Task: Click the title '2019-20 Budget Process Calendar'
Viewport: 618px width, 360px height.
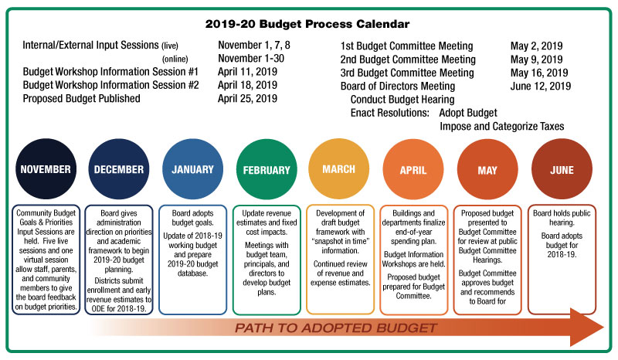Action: tap(307, 24)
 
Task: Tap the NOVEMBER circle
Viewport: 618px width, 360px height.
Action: tap(46, 168)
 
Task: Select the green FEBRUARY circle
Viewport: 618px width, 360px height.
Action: tap(267, 169)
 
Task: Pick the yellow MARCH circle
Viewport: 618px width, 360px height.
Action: tap(339, 168)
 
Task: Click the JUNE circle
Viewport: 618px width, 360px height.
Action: tap(562, 169)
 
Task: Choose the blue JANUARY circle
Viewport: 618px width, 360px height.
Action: tap(192, 168)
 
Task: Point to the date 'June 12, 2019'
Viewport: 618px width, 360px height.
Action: tap(540, 86)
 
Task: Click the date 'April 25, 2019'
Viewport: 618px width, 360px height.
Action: tap(247, 99)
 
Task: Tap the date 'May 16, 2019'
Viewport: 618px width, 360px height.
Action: tap(539, 73)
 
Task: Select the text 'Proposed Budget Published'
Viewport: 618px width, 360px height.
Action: tap(82, 99)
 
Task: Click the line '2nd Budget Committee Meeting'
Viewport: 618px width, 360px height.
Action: tap(408, 59)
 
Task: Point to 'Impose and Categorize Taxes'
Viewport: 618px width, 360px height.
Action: tap(501, 126)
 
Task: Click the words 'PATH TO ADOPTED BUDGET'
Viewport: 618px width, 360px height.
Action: tap(336, 328)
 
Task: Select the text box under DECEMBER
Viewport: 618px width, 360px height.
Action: tap(119, 260)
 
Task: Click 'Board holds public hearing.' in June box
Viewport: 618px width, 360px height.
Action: tap(562, 218)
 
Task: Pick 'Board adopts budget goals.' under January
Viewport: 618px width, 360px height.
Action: tap(192, 218)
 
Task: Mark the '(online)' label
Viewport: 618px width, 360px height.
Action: tap(175, 59)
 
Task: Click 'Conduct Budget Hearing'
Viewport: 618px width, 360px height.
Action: tap(402, 100)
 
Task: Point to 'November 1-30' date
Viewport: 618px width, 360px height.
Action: tap(251, 59)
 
